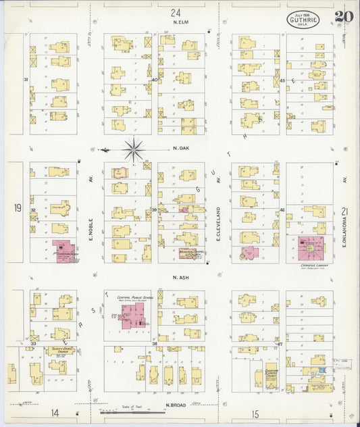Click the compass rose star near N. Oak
(x=134, y=149)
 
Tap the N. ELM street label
(x=180, y=22)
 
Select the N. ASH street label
(x=179, y=277)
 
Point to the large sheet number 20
(x=343, y=17)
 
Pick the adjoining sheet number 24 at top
(x=176, y=12)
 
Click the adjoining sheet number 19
(x=17, y=209)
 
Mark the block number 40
(x=155, y=80)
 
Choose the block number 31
(x=26, y=80)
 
